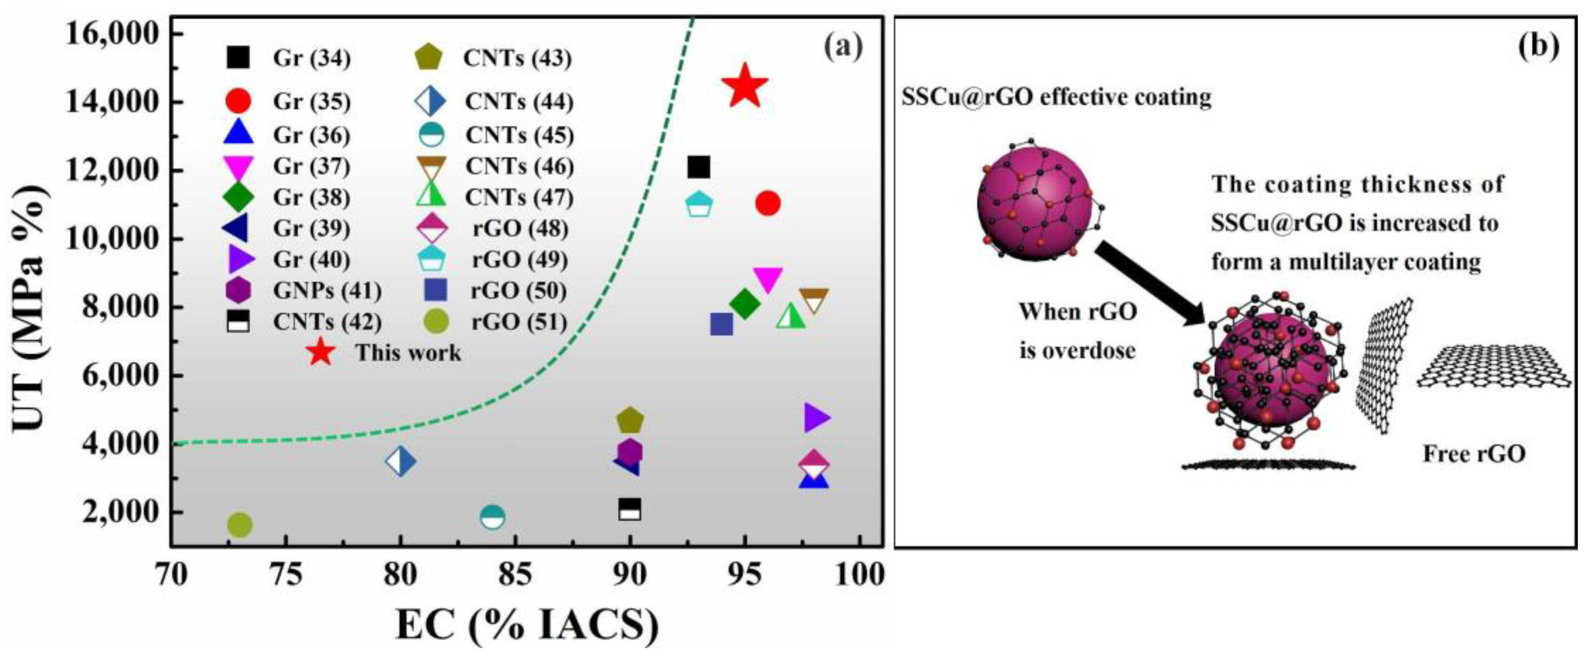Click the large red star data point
(x=745, y=86)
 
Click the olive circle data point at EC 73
(x=239, y=525)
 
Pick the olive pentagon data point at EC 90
(x=630, y=421)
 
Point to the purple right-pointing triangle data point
(x=816, y=417)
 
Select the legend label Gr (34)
(x=312, y=58)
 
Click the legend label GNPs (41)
(x=327, y=290)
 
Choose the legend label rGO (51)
(x=519, y=322)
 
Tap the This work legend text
(x=408, y=353)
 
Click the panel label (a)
(x=843, y=46)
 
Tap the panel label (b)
(x=1537, y=46)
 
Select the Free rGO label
(x=1474, y=454)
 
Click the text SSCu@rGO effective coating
(x=1056, y=97)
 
